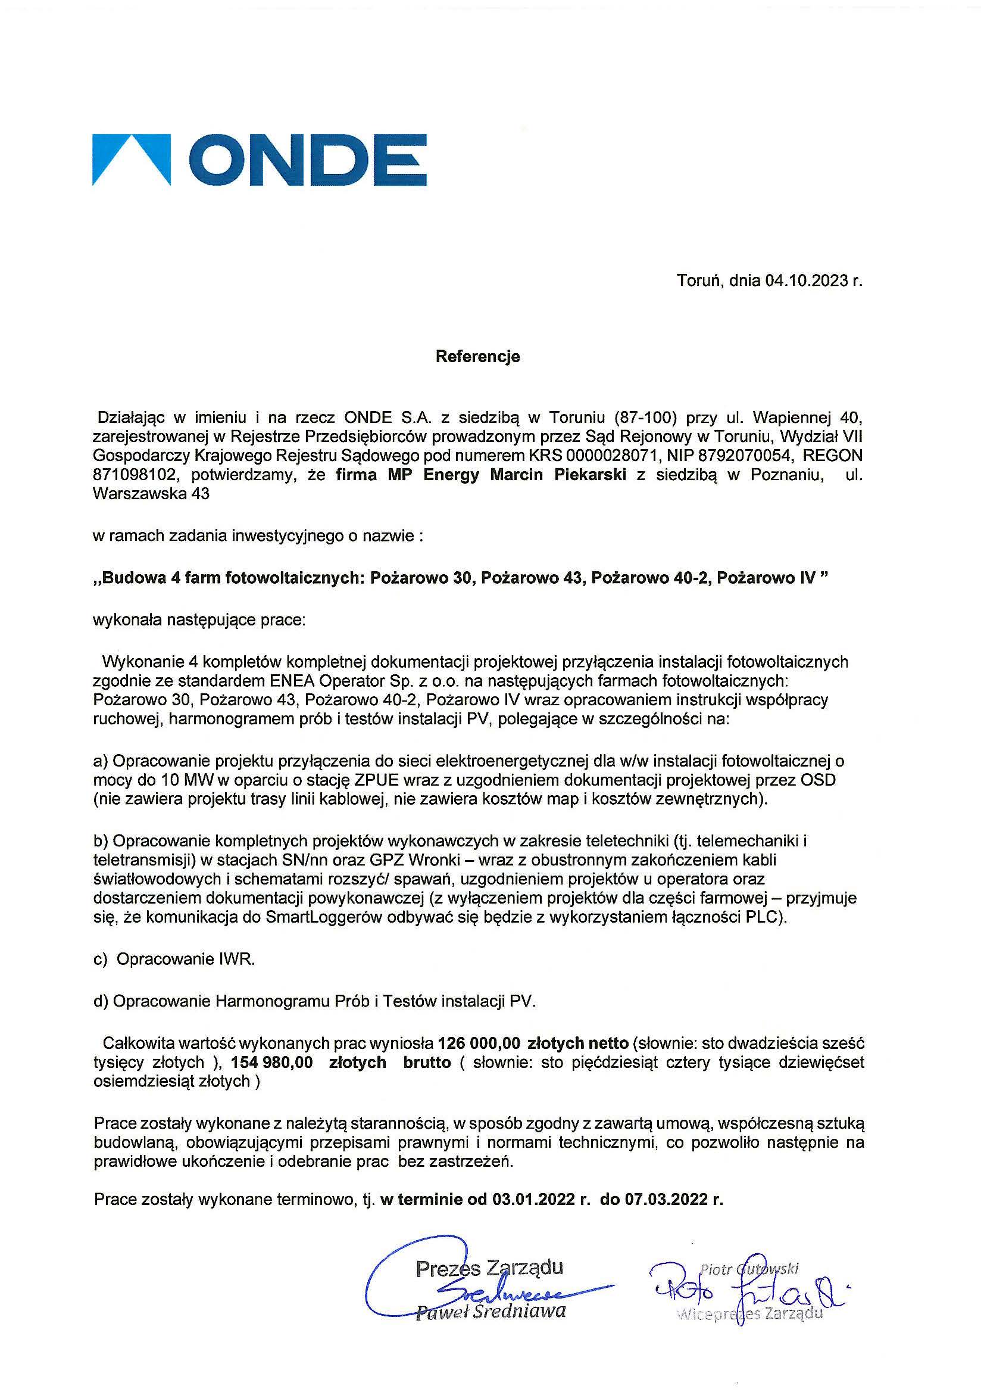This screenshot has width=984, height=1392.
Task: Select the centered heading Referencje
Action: (x=477, y=356)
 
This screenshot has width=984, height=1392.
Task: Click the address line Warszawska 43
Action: (x=151, y=494)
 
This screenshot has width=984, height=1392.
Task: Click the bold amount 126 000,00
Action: (x=479, y=1044)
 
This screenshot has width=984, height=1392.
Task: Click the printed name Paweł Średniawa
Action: (x=491, y=1312)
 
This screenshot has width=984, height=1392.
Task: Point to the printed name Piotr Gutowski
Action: (x=749, y=1268)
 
